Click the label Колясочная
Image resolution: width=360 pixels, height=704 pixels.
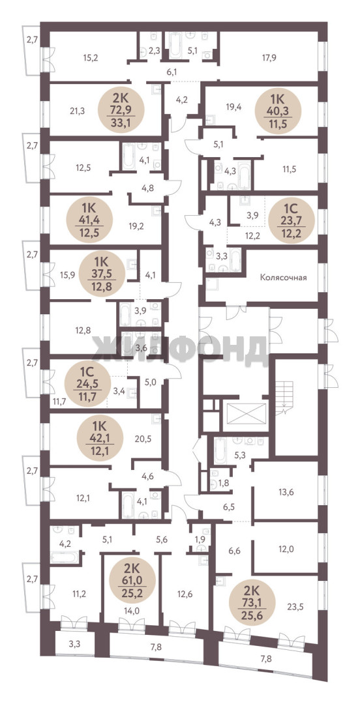(x=283, y=278)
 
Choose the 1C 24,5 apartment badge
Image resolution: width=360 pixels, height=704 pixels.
(x=87, y=385)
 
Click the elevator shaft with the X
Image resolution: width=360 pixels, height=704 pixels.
(x=247, y=415)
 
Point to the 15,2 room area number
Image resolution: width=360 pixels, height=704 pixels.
(x=91, y=57)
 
